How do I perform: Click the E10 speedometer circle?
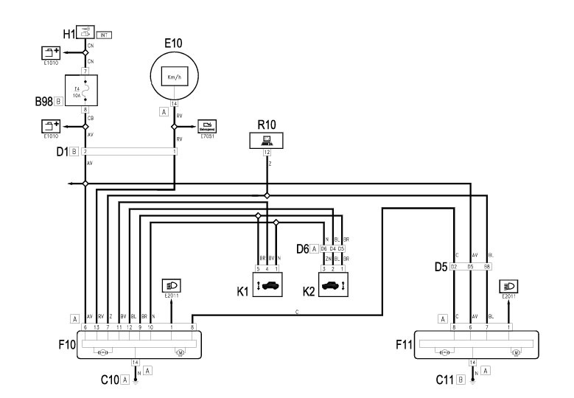[x=175, y=76]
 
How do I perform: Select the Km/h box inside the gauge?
[x=175, y=77]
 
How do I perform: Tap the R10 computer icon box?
[x=266, y=139]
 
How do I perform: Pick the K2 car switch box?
[x=332, y=284]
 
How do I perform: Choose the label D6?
[x=302, y=250]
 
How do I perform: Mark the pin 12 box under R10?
[x=266, y=153]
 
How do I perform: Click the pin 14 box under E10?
[x=175, y=104]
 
